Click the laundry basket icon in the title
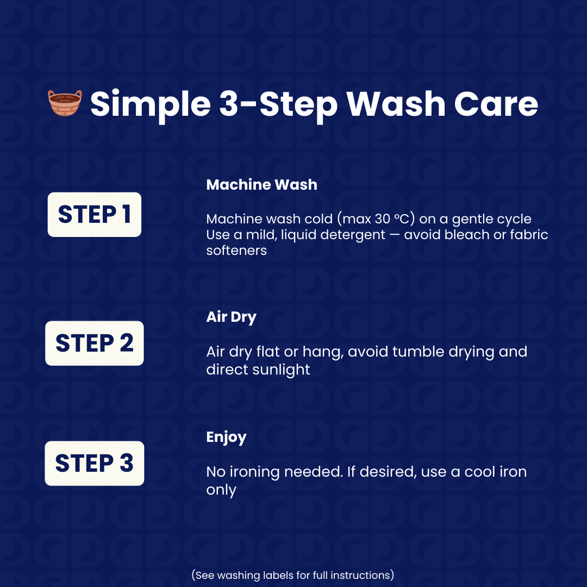pyautogui.click(x=65, y=103)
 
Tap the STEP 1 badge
pyautogui.click(x=95, y=215)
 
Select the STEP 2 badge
pyautogui.click(x=95, y=344)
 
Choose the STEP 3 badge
pyautogui.click(x=95, y=464)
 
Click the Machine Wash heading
pyautogui.click(x=261, y=185)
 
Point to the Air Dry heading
pyautogui.click(x=232, y=317)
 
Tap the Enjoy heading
pyautogui.click(x=227, y=437)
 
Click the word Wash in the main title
pyautogui.click(x=396, y=104)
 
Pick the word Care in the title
pyautogui.click(x=496, y=104)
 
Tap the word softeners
pyautogui.click(x=236, y=251)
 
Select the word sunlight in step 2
pyautogui.click(x=281, y=370)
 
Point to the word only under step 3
pyautogui.click(x=221, y=490)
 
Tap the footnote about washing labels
pyautogui.click(x=293, y=575)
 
